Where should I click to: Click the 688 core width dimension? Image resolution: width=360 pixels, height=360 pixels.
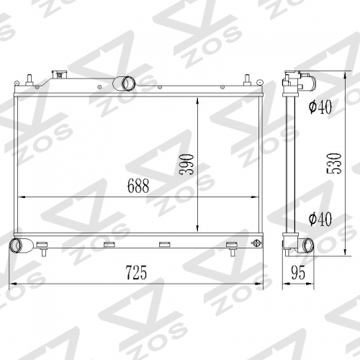point(138,186)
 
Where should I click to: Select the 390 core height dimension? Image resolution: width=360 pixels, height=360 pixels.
point(186,164)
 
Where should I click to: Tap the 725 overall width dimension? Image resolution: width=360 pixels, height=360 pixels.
point(136,273)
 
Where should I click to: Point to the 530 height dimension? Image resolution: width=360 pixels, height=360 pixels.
point(334,163)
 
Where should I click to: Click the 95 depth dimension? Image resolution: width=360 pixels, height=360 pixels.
point(298,273)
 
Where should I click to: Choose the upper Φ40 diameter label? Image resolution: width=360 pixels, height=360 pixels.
point(320,107)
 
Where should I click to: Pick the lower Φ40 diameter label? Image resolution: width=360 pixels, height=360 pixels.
point(320,219)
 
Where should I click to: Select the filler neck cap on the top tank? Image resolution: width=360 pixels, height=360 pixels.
point(60,75)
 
